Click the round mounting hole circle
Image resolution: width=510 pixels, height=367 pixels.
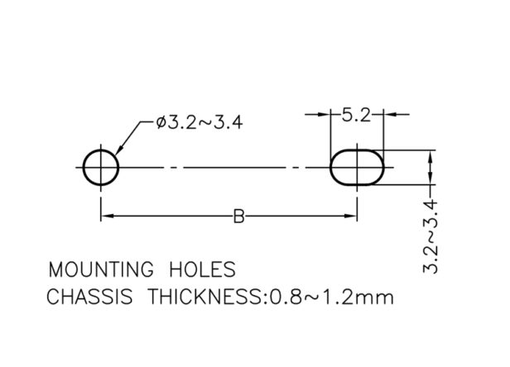[84, 168]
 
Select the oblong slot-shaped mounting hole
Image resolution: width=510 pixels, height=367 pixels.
[331, 168]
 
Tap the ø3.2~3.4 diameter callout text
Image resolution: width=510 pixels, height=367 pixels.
[200, 123]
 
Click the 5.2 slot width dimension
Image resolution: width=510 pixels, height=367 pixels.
[356, 115]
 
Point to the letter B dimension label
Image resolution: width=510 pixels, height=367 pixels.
[238, 217]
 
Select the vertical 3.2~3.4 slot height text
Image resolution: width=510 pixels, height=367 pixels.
[431, 237]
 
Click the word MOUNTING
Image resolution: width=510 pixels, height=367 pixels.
[101, 269]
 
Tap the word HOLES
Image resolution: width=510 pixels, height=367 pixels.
[202, 269]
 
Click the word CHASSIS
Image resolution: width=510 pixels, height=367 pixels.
[89, 297]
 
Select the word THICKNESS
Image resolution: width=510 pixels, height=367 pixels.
[204, 297]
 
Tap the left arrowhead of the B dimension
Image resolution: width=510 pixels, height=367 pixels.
[108, 216]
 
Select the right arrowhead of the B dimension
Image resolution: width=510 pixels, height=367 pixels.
[351, 216]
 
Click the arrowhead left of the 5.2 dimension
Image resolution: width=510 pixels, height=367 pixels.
[324, 114]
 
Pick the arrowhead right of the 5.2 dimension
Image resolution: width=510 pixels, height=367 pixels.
[390, 114]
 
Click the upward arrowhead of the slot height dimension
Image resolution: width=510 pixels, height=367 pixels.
[431, 157]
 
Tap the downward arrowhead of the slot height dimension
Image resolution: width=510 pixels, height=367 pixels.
[431, 179]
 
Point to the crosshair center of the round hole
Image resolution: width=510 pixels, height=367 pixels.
[101, 168]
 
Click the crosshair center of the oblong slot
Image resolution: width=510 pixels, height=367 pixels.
[358, 168]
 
